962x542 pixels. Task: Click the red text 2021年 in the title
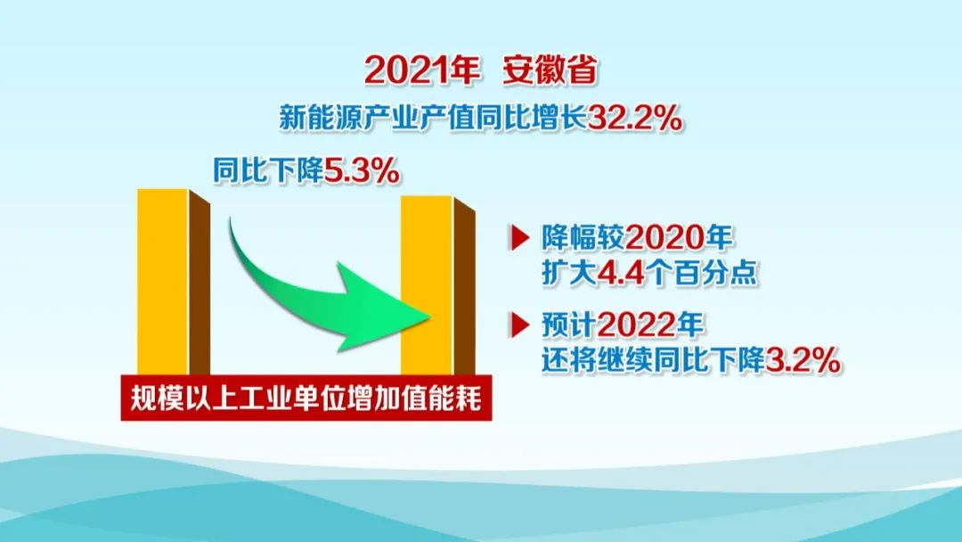pyautogui.click(x=421, y=70)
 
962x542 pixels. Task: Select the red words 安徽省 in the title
pyautogui.click(x=550, y=70)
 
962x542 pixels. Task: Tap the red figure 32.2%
pyautogui.click(x=634, y=118)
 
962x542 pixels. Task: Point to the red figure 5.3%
pyautogui.click(x=362, y=170)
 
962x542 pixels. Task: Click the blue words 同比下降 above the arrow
pyautogui.click(x=268, y=170)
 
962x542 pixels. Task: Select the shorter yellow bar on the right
pyautogui.click(x=427, y=284)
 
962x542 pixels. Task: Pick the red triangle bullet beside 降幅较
pyautogui.click(x=519, y=237)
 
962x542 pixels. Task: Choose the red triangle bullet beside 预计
pyautogui.click(x=519, y=324)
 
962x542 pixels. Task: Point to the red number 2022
pyautogui.click(x=637, y=324)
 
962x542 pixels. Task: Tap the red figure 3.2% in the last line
pyautogui.click(x=803, y=359)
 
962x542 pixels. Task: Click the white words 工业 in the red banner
pyautogui.click(x=265, y=399)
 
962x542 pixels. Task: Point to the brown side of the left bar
pyautogui.click(x=200, y=283)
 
